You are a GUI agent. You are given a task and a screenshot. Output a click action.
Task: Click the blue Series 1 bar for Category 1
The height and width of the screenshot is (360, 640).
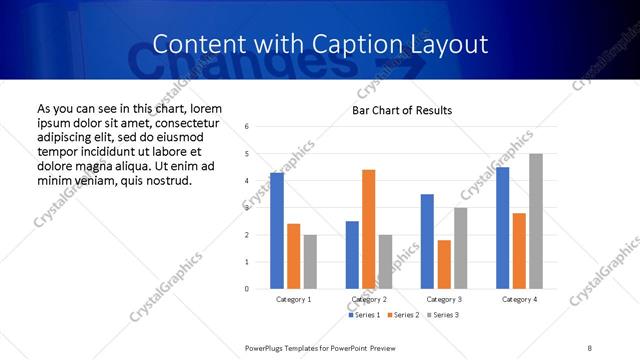277,230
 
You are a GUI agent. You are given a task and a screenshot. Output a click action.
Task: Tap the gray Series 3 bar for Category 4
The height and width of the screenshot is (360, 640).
536,221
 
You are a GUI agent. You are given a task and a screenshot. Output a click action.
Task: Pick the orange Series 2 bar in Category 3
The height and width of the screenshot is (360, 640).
444,264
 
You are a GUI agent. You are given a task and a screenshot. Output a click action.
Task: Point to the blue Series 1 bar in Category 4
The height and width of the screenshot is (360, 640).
502,228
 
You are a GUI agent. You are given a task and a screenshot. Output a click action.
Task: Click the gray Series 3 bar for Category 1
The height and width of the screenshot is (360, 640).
310,261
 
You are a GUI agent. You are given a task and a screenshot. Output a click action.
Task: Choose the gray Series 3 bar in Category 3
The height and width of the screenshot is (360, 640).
460,248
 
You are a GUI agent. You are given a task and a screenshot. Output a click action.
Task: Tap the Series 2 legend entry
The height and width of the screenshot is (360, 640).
402,315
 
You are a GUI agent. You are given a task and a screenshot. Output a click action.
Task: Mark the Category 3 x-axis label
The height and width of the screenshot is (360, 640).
444,299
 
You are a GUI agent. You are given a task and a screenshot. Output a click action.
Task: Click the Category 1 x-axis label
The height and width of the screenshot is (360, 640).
294,299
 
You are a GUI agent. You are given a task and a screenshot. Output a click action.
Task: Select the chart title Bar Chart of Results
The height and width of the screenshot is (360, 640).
402,110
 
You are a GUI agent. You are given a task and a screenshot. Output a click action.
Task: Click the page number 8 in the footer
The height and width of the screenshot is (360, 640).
590,347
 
